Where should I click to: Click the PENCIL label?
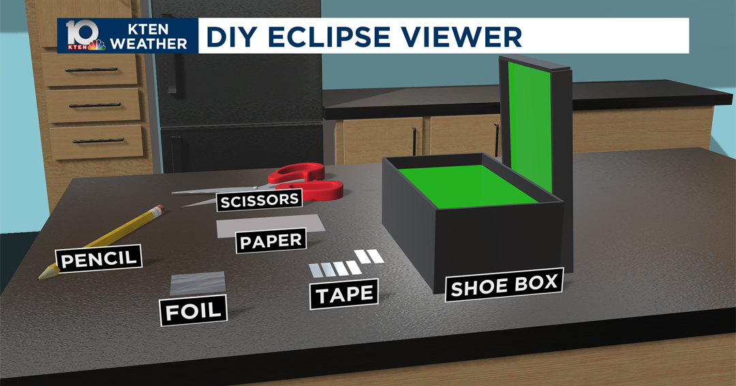(x=99, y=258)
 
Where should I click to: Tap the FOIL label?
(x=194, y=310)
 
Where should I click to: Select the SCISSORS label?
(x=258, y=199)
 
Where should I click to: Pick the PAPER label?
(x=271, y=240)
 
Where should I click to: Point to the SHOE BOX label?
(x=504, y=285)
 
